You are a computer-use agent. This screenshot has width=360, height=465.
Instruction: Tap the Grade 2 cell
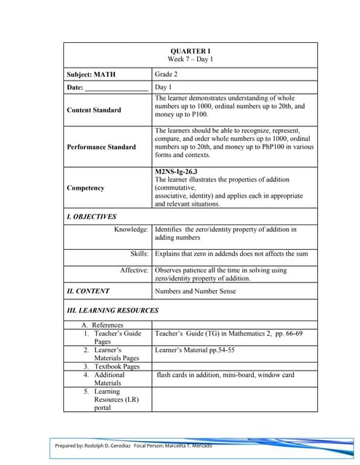click(x=169, y=74)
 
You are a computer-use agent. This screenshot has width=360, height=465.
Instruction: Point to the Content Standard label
click(x=94, y=110)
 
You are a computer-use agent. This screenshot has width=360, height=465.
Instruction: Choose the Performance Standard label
click(x=101, y=147)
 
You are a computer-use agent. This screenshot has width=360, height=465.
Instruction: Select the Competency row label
click(x=85, y=188)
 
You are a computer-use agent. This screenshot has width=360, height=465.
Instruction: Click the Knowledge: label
click(x=132, y=230)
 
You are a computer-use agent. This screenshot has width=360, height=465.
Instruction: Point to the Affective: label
click(x=135, y=270)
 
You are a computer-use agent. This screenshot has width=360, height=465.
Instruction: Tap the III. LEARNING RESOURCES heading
click(x=112, y=310)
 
